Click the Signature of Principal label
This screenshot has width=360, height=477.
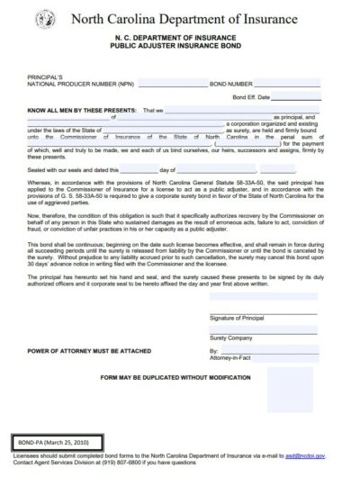click(235, 341)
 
